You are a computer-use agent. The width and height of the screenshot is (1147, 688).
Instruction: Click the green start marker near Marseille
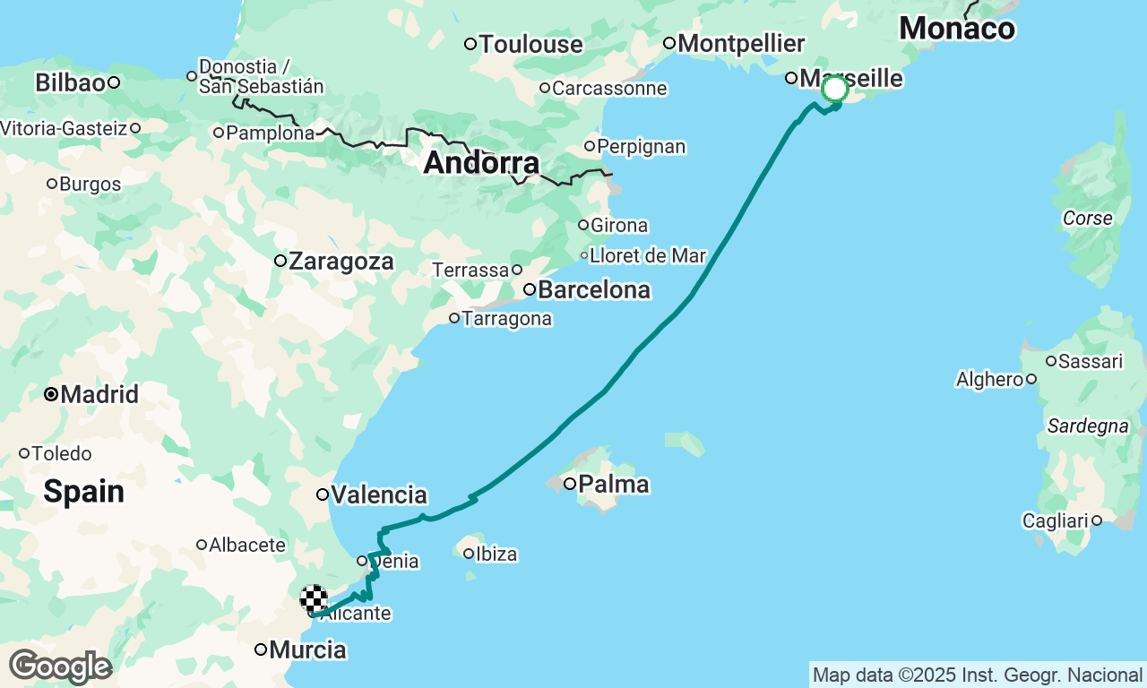click(835, 90)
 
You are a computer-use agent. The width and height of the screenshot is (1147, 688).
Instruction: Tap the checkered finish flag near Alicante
click(314, 598)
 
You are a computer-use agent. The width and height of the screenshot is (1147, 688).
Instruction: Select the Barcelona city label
click(593, 290)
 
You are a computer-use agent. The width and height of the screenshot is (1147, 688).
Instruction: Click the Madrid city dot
click(52, 393)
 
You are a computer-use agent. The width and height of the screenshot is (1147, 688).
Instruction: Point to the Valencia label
click(378, 494)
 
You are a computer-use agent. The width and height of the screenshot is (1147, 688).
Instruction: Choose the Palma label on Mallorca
click(613, 485)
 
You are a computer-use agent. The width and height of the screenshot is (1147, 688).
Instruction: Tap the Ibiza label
click(496, 555)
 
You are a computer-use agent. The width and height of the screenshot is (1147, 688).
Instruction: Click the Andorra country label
click(481, 163)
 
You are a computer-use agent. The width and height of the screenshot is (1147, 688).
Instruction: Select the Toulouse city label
click(530, 44)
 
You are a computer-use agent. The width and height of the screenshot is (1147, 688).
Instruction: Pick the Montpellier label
click(741, 43)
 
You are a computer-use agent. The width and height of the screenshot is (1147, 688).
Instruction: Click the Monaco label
click(957, 29)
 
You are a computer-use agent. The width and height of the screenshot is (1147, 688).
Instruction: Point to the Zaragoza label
click(341, 262)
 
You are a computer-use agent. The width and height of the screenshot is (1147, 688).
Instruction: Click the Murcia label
click(307, 649)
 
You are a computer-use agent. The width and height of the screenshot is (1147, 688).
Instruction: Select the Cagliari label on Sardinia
click(1055, 520)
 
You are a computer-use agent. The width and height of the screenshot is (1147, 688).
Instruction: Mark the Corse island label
click(1087, 218)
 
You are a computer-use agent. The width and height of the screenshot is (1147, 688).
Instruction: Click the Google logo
click(60, 667)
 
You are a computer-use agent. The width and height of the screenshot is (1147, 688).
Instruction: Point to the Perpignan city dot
click(590, 146)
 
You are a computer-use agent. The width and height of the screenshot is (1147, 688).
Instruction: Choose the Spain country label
click(83, 491)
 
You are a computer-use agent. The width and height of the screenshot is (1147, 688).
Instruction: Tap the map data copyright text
click(977, 675)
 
